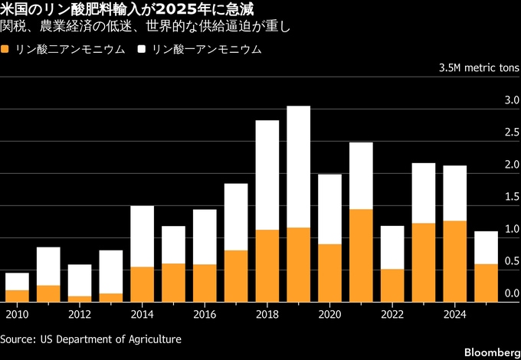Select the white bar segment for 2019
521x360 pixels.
298,166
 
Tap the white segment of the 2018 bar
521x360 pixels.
267,175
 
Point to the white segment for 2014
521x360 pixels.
142,236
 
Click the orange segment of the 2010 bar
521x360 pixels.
17,296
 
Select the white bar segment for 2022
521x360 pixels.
392,247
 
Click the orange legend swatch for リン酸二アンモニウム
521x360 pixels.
6,50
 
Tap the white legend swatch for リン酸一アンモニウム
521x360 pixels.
142,50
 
